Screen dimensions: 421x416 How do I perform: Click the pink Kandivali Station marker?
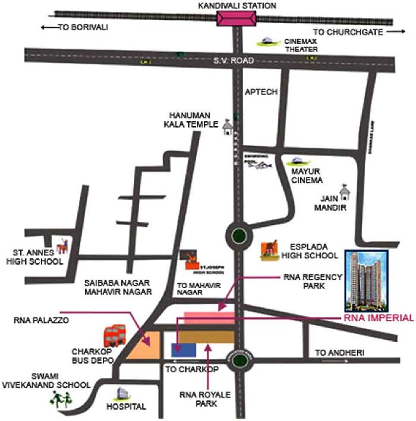[x=237, y=18]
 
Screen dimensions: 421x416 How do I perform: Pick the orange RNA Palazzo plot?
[x=146, y=346]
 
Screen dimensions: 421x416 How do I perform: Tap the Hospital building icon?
[x=122, y=392]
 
